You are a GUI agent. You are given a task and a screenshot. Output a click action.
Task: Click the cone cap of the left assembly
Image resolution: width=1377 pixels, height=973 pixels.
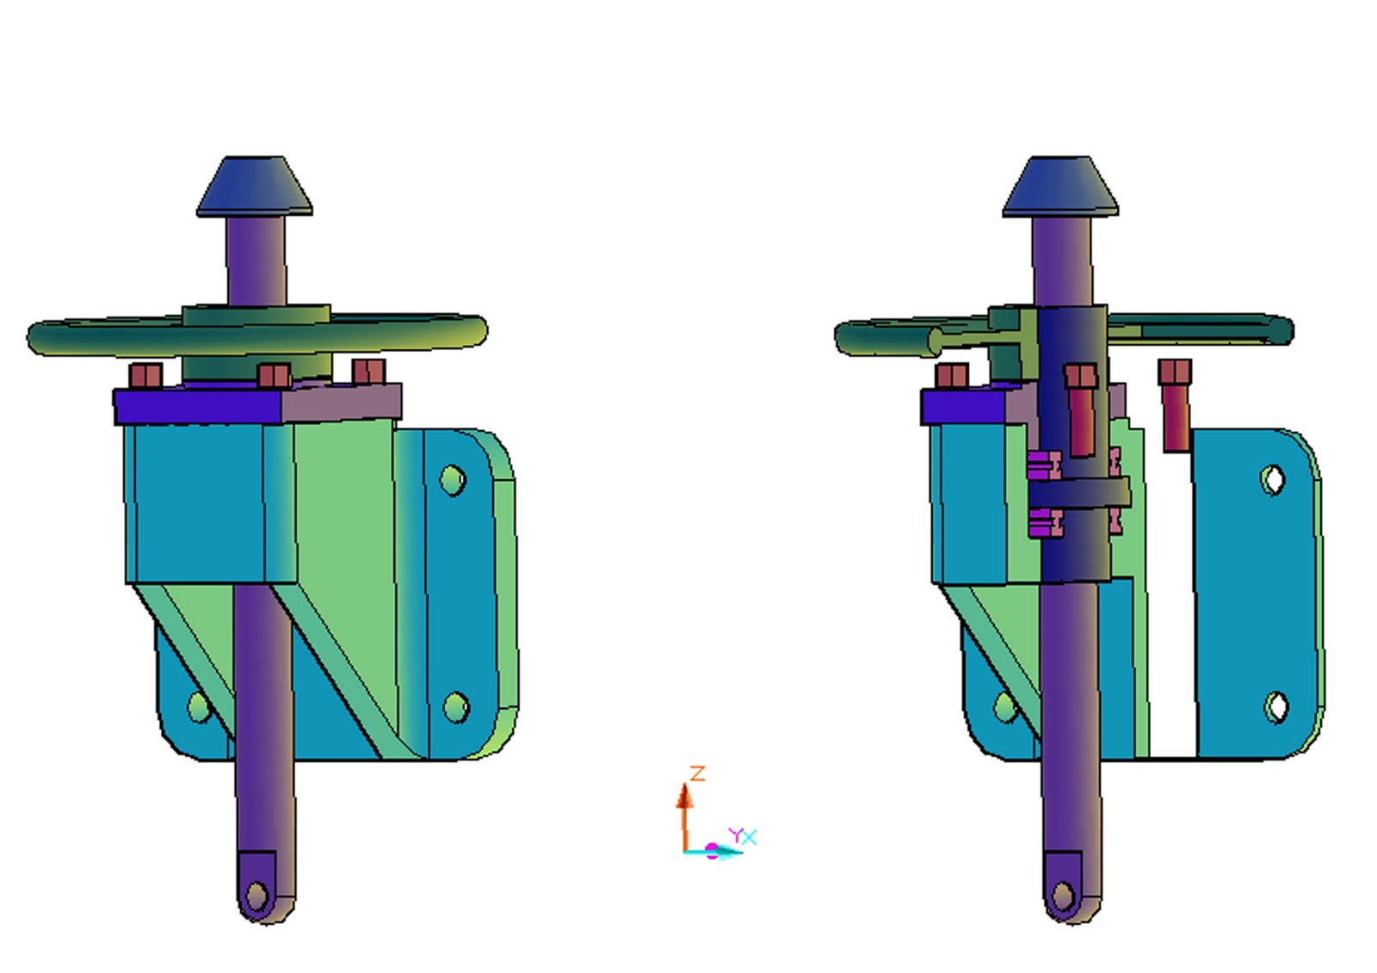(254, 187)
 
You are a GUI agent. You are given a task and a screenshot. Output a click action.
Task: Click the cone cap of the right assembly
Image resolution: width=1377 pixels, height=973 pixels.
(1060, 187)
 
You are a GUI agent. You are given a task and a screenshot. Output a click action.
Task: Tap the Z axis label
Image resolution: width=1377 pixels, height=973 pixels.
(698, 773)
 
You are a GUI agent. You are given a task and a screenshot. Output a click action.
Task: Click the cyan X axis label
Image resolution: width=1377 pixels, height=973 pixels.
(750, 836)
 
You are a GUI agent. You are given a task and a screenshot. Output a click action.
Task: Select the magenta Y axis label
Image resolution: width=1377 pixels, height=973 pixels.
(735, 834)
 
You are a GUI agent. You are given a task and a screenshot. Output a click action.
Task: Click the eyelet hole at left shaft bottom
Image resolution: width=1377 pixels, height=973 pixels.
(256, 896)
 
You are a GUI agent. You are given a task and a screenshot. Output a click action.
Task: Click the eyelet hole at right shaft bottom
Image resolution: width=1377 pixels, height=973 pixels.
(1064, 896)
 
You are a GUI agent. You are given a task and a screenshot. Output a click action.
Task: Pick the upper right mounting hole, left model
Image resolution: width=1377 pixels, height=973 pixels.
(453, 480)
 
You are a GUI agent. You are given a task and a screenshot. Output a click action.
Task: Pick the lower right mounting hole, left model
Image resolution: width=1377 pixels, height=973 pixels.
(455, 707)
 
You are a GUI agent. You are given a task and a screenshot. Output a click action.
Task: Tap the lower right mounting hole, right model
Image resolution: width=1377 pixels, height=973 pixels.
(1276, 707)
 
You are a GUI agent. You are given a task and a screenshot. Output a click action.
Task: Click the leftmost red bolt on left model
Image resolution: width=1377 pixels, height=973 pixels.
(145, 377)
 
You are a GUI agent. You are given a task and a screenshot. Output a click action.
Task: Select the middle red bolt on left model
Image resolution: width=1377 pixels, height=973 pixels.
(274, 377)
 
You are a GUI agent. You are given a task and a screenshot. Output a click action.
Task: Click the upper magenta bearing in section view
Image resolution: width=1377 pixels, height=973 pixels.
(1044, 465)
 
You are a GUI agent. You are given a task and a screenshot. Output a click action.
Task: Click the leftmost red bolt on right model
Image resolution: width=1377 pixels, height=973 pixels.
(952, 377)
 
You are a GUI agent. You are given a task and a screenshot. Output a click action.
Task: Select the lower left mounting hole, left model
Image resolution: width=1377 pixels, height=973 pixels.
(198, 707)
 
